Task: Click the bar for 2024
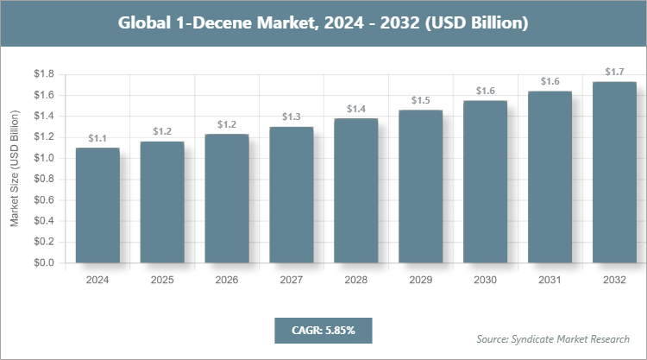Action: point(97,205)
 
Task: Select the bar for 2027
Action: point(292,194)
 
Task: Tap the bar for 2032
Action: point(614,172)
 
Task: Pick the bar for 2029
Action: point(420,186)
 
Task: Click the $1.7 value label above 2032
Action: point(614,73)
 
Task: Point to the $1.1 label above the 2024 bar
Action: point(97,138)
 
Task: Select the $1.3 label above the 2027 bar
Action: point(292,117)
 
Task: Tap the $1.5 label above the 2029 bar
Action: point(420,100)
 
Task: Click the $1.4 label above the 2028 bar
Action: point(355,109)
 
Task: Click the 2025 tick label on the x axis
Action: point(162,280)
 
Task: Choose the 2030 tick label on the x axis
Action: point(485,280)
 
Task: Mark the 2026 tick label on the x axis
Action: point(227,280)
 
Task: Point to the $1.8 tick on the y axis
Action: point(42,74)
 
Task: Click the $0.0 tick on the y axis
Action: point(42,262)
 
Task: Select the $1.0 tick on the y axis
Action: point(42,158)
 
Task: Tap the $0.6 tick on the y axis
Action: point(42,199)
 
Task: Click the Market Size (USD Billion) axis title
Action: point(15,167)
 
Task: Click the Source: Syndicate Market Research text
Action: point(552,338)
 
